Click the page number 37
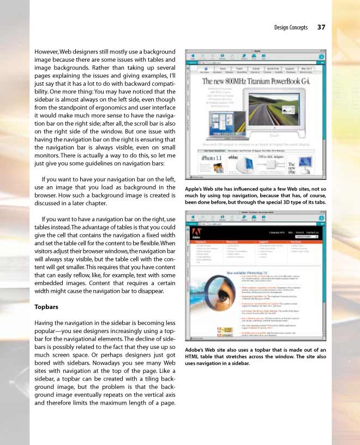[x=321, y=27]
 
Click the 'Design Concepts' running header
[x=291, y=27]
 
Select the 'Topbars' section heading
[x=46, y=307]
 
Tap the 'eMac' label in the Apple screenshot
[x=233, y=157]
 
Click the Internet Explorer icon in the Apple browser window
[x=321, y=56]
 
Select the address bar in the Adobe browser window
[x=251, y=223]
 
